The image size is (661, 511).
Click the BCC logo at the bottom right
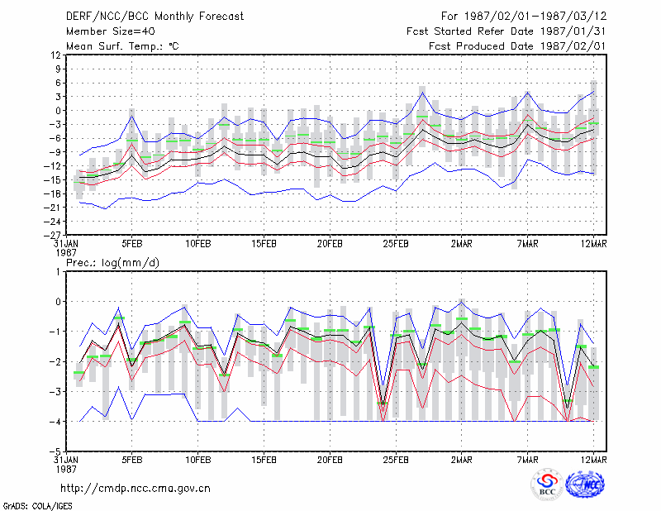click(x=547, y=485)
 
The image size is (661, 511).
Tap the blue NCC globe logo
click(x=585, y=485)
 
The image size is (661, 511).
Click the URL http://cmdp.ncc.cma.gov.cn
click(x=136, y=489)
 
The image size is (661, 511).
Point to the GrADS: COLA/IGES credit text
click(x=37, y=506)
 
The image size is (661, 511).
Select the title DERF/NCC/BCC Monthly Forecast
click(x=155, y=17)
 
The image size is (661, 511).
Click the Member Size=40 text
click(x=111, y=31)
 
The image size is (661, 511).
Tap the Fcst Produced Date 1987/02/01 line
click(x=517, y=46)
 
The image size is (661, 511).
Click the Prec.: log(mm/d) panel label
click(x=112, y=263)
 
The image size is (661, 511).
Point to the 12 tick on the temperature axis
click(x=56, y=55)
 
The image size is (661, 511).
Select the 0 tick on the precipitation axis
click(x=58, y=302)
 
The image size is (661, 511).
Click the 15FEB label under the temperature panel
click(x=264, y=244)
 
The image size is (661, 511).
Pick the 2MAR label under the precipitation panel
click(x=462, y=460)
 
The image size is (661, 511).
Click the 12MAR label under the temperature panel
click(x=593, y=244)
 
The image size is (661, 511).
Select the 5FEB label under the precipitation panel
click(x=132, y=460)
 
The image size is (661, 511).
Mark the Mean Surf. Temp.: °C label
click(x=122, y=46)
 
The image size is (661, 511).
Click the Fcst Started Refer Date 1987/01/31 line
click(x=506, y=31)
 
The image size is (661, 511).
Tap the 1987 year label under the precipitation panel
click(x=65, y=469)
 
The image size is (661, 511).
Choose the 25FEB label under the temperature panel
click(x=396, y=244)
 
